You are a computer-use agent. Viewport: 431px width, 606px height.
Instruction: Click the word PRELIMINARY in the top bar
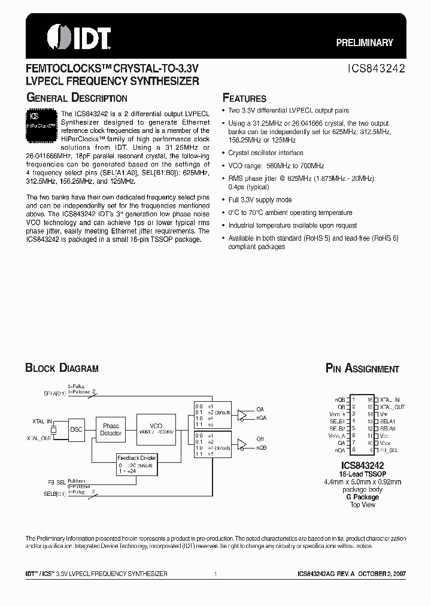[364, 43]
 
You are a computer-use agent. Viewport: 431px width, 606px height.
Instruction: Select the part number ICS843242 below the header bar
[377, 69]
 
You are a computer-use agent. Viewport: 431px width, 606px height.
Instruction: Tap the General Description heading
[77, 98]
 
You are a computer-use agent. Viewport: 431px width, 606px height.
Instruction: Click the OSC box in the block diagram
[76, 429]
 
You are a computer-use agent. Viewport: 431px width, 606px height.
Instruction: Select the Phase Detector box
[111, 429]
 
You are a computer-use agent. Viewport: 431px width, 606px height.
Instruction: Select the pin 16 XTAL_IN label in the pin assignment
[389, 399]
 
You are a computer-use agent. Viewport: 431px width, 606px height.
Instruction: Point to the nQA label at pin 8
[340, 449]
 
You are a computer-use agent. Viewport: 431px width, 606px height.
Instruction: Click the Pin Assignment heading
[362, 369]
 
